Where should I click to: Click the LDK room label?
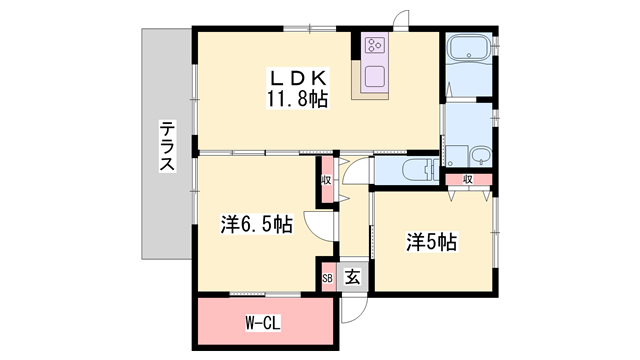(x=297, y=77)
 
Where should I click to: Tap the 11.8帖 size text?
(x=297, y=98)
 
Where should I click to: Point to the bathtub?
(x=468, y=51)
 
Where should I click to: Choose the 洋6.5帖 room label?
(x=257, y=225)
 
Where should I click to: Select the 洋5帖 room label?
(x=432, y=241)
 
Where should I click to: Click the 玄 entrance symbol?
(x=353, y=278)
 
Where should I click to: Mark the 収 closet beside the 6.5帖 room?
(x=327, y=181)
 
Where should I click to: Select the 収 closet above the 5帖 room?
(x=468, y=180)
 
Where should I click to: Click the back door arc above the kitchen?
(x=402, y=20)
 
